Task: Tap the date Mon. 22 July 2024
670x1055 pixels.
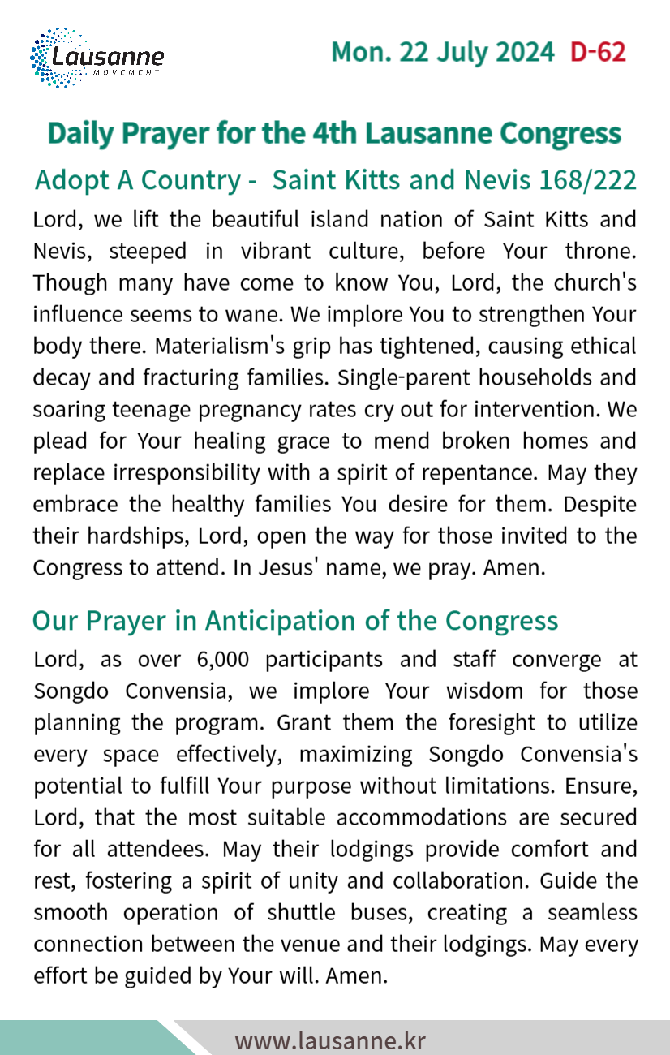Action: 443,53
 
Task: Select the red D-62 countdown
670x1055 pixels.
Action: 598,53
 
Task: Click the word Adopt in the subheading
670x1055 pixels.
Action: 72,180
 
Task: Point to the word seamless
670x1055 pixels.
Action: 592,912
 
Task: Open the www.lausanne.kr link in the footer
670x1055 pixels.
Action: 330,1040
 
